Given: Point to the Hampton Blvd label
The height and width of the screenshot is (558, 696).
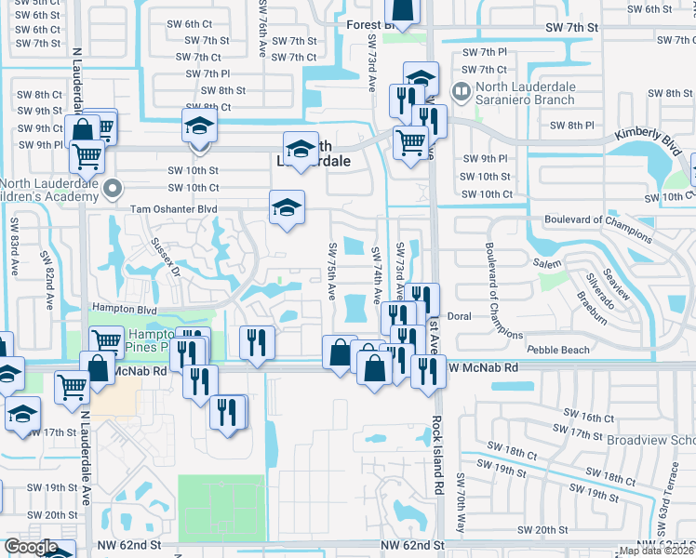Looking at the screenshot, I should point(122,308).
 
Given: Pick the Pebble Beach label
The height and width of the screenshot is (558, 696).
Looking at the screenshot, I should point(557,350).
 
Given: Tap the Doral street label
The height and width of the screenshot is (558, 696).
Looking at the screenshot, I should point(460,316).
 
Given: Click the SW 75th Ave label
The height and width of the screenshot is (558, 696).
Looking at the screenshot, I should point(331,271).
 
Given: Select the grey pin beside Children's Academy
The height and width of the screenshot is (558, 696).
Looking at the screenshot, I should point(114,189).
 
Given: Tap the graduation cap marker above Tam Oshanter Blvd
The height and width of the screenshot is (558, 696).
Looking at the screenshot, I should point(287,207).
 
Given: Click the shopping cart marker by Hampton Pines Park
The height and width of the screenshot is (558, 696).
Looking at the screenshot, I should point(106,343).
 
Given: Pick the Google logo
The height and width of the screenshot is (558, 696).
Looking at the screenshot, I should point(31,547).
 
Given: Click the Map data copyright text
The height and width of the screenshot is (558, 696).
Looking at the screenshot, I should point(657,551).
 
